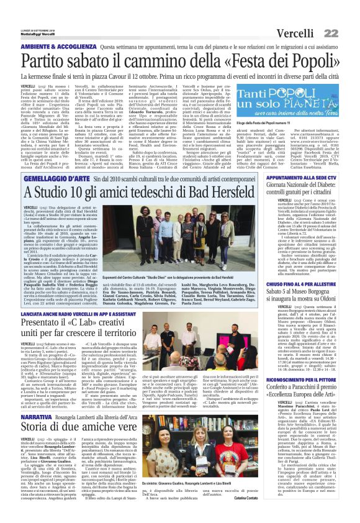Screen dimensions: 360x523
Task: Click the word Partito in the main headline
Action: (x=47, y=61)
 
